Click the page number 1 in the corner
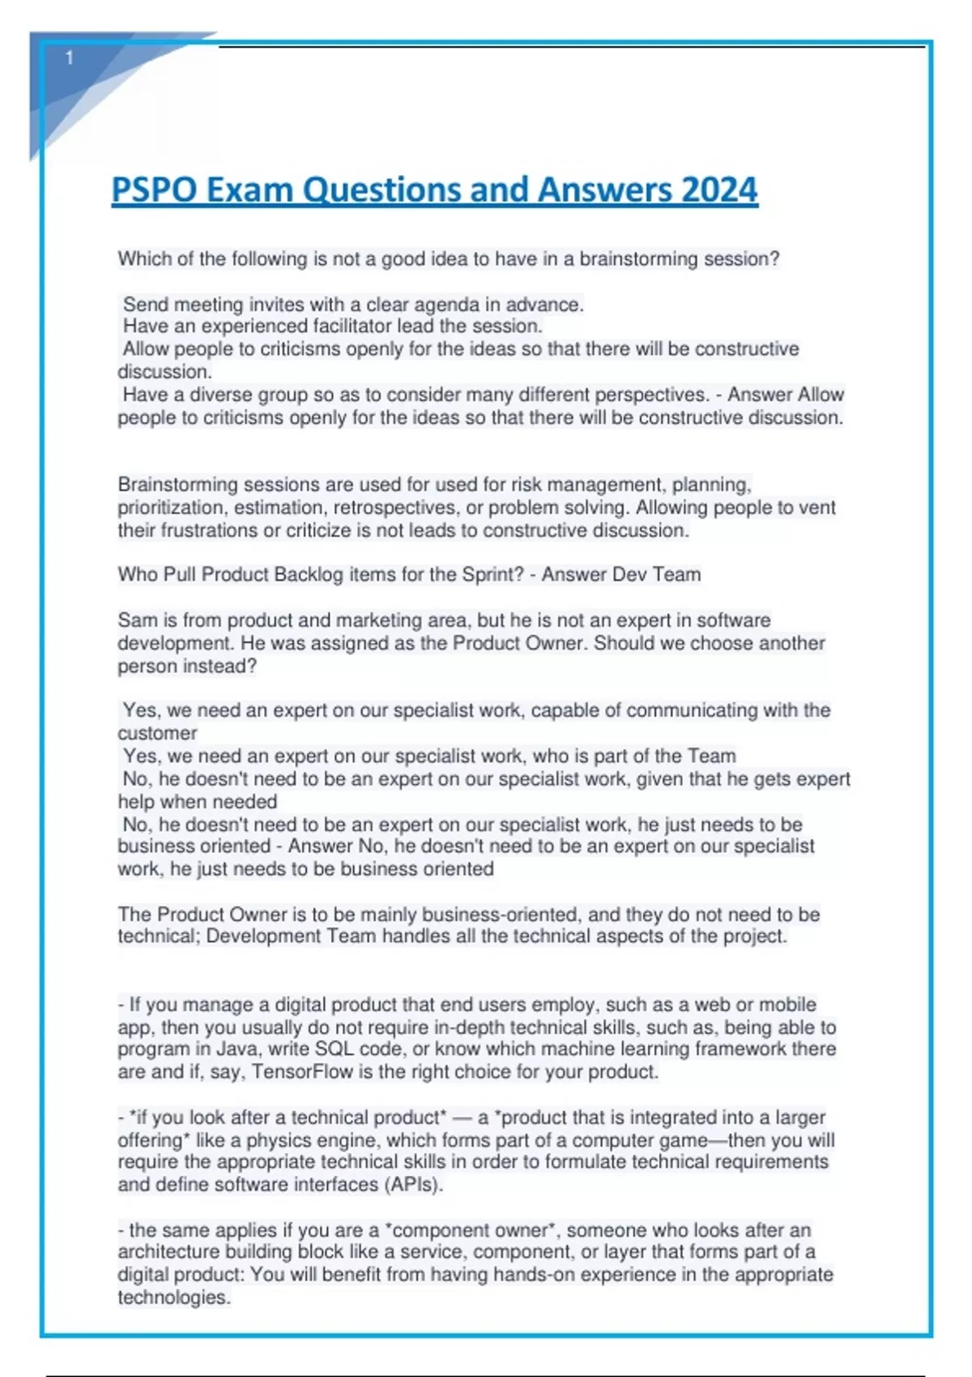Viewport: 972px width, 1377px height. [70, 58]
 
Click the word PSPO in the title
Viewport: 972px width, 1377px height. [154, 190]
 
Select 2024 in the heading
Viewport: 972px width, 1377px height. [719, 190]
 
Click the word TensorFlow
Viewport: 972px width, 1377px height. [302, 1072]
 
